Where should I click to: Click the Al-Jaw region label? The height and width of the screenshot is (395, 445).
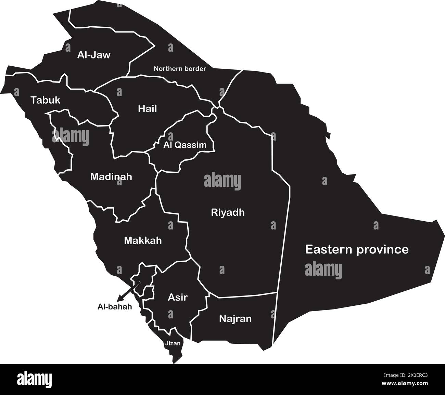(x=94, y=55)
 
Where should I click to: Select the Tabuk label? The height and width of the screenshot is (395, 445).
(x=45, y=100)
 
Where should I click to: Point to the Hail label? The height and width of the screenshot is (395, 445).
(x=148, y=109)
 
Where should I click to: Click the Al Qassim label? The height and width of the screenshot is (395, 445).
(x=185, y=145)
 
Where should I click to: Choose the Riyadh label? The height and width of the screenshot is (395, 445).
(x=228, y=212)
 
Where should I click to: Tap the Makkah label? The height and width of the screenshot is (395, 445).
(x=143, y=240)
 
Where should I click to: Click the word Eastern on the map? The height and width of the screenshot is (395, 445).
(x=329, y=249)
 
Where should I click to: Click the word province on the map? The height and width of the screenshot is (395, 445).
(x=383, y=250)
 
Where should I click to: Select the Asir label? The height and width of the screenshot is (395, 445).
(x=178, y=297)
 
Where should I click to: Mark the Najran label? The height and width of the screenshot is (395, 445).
(x=235, y=319)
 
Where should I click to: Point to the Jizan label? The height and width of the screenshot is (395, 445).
(x=172, y=343)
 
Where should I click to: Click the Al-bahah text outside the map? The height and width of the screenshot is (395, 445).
(x=115, y=307)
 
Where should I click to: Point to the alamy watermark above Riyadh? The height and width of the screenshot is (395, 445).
(x=222, y=181)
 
